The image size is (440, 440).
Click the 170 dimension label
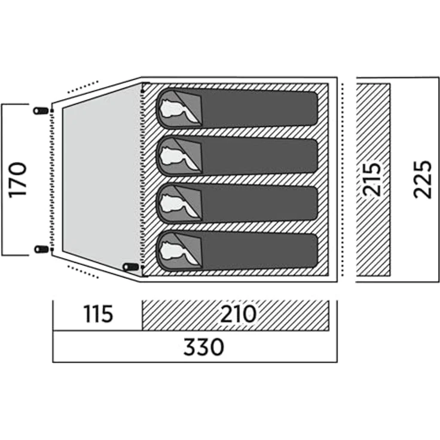point(17,180)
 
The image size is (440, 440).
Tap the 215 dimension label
point(372,179)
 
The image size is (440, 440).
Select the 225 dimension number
point(422,179)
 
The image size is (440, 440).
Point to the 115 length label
point(98,314)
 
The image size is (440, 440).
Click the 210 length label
point(239,314)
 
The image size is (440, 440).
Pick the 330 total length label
point(204,347)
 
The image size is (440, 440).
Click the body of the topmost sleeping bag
point(259,108)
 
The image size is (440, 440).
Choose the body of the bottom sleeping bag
point(259,250)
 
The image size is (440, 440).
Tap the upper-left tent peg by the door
point(41,111)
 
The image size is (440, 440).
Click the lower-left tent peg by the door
point(41,249)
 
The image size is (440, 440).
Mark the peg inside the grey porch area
point(131,267)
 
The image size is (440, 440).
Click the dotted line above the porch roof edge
point(83,87)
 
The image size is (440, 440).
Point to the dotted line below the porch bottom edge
point(83,271)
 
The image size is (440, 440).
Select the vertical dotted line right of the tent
point(343,179)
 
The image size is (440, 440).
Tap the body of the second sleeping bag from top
point(259,156)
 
